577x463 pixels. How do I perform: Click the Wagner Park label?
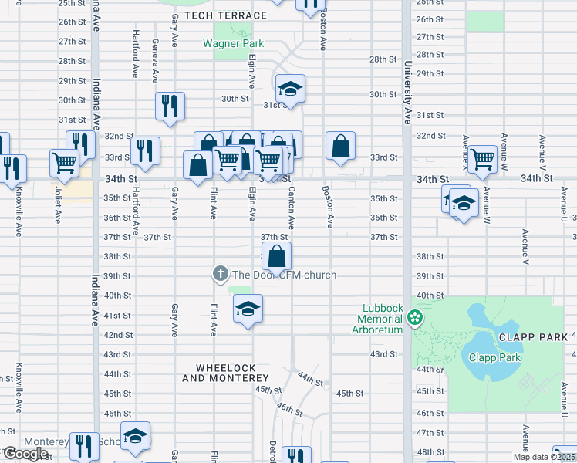[x=233, y=43]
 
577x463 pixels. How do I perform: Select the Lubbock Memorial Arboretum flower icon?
[x=415, y=317]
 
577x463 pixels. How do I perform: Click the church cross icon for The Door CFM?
[x=220, y=274]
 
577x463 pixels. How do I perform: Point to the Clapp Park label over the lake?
[x=494, y=357]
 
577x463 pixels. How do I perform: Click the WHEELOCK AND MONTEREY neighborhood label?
[x=225, y=373]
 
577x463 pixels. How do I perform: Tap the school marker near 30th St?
[x=290, y=90]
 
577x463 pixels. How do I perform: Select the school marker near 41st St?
[x=248, y=309]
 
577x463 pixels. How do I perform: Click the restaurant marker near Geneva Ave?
[x=169, y=106]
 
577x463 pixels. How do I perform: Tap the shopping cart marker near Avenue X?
[x=483, y=160]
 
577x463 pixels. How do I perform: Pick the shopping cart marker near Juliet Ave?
[x=64, y=163]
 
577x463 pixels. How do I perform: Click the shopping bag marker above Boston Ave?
[x=340, y=146]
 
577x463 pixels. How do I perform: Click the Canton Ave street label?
[x=291, y=207]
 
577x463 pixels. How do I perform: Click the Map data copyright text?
[x=543, y=457]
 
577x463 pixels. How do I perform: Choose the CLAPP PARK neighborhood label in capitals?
[x=527, y=337]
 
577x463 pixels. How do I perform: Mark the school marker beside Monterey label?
[x=135, y=437]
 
